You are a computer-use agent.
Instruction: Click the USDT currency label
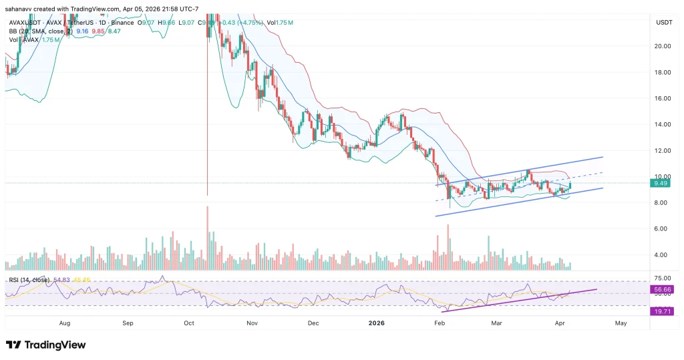tap(664, 22)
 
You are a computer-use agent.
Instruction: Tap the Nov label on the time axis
tap(252, 322)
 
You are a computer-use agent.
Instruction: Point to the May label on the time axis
tap(621, 322)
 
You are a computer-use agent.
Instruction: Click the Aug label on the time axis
tap(65, 322)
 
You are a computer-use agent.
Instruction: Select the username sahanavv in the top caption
tap(21, 8)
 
